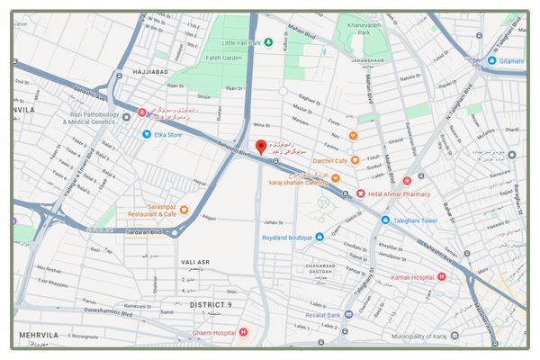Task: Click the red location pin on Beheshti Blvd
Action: tap(261, 147)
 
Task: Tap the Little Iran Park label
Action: tap(241, 42)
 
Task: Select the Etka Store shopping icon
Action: tap(146, 134)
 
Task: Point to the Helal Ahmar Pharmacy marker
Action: tap(361, 193)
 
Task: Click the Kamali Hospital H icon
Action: tap(441, 275)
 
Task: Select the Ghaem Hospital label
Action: tap(212, 333)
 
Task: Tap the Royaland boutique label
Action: tap(287, 238)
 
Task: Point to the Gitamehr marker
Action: tap(491, 60)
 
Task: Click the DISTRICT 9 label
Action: tap(211, 305)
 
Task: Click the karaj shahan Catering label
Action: tap(298, 182)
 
